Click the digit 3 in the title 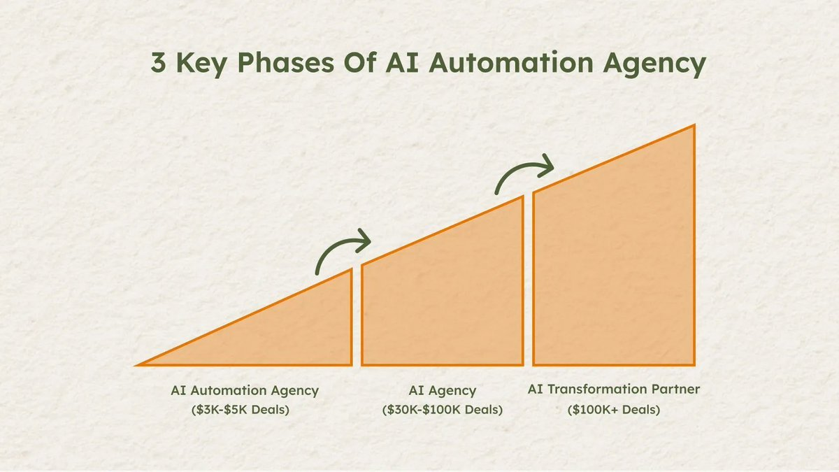[x=158, y=62]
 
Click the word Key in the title [x=201, y=64]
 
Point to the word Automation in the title [x=511, y=62]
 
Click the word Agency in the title [x=654, y=64]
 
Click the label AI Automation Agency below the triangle [x=245, y=391]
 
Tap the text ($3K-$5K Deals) [x=240, y=410]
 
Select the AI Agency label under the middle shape [x=443, y=391]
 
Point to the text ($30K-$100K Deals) [x=443, y=410]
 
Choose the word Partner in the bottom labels [x=675, y=389]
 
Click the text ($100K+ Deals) [x=614, y=410]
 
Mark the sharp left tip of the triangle [x=135, y=365]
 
